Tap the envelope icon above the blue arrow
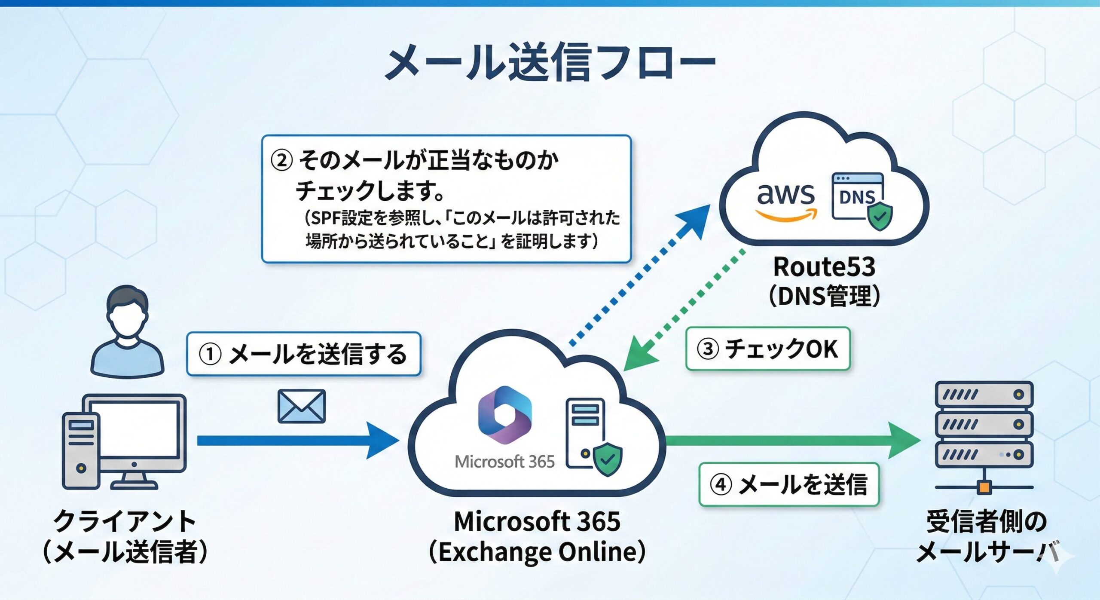click(x=302, y=406)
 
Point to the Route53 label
click(x=824, y=267)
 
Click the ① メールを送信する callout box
click(x=304, y=354)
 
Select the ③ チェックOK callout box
click(x=768, y=349)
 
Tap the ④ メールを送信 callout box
click(x=789, y=484)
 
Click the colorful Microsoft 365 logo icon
click(x=505, y=415)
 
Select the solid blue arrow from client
click(x=296, y=441)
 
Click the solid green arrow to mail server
click(x=791, y=440)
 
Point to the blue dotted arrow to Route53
click(x=640, y=275)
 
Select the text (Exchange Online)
click(x=537, y=552)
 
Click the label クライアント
click(x=125, y=521)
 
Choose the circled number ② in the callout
click(x=281, y=161)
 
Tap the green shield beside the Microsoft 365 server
click(x=607, y=460)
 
